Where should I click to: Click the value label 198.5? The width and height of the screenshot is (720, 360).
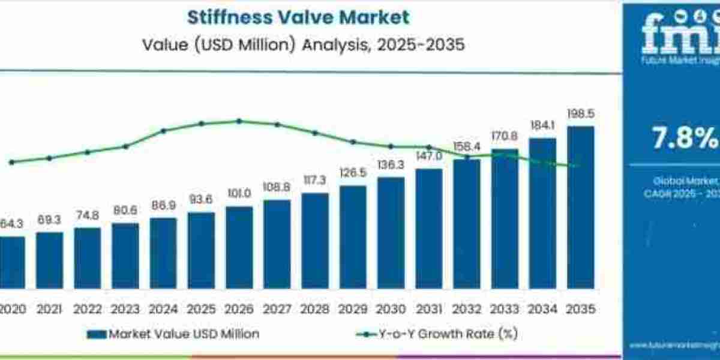click(580, 114)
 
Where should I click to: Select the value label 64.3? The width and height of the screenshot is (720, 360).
click(11, 224)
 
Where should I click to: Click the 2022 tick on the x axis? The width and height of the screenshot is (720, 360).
click(87, 309)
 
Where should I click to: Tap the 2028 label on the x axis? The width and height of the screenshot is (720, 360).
click(314, 309)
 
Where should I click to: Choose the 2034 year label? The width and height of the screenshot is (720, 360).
click(542, 309)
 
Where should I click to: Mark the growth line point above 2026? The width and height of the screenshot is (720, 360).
click(239, 121)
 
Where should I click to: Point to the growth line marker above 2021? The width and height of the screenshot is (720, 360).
click(49, 158)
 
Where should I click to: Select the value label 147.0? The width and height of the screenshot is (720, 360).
click(428, 156)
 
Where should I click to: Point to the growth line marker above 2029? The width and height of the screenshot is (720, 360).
click(353, 142)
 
